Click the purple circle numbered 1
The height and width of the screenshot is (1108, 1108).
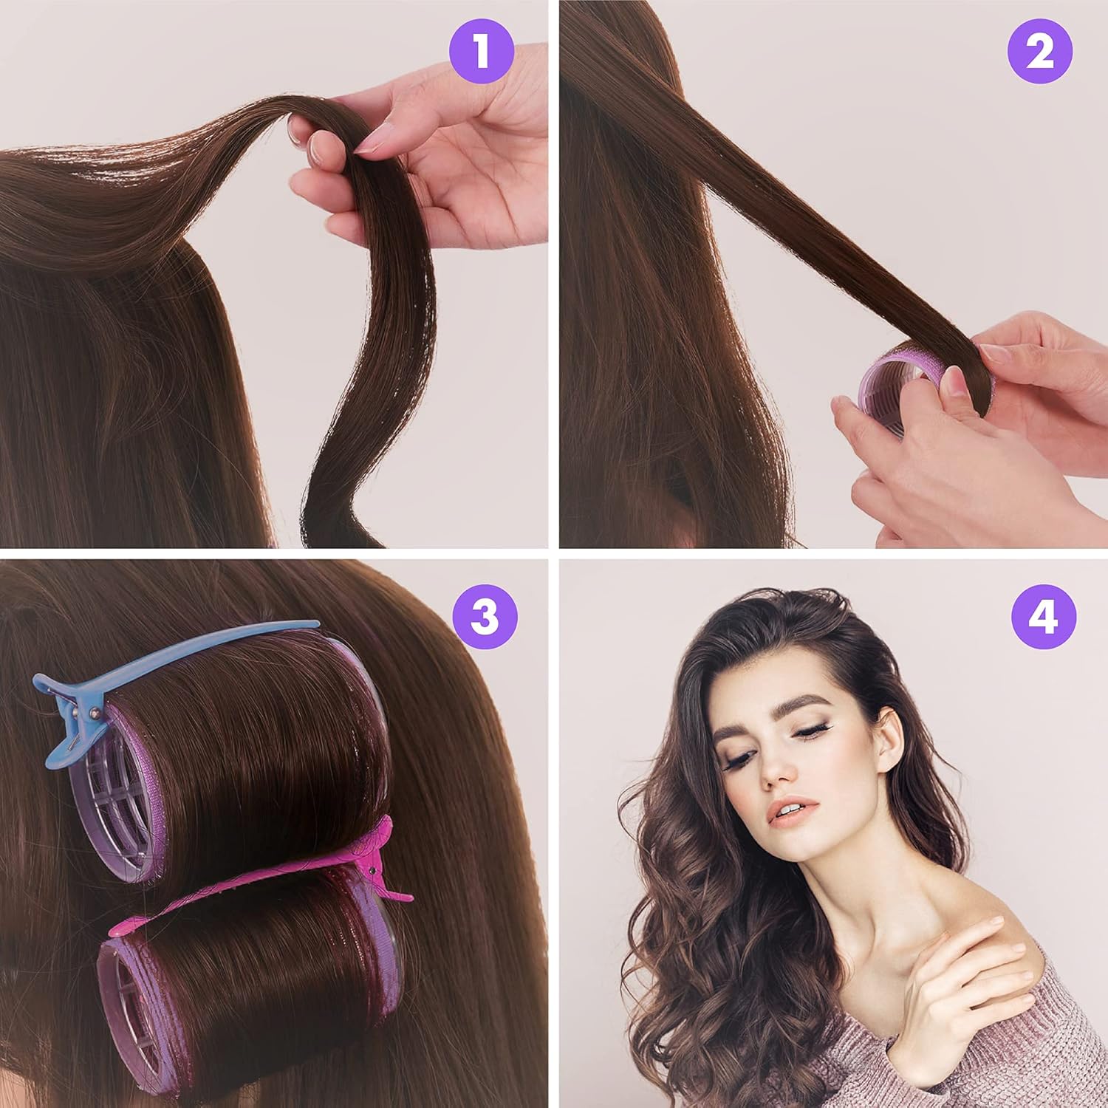[x=482, y=49]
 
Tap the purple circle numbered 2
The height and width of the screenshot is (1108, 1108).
[x=1040, y=49]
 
